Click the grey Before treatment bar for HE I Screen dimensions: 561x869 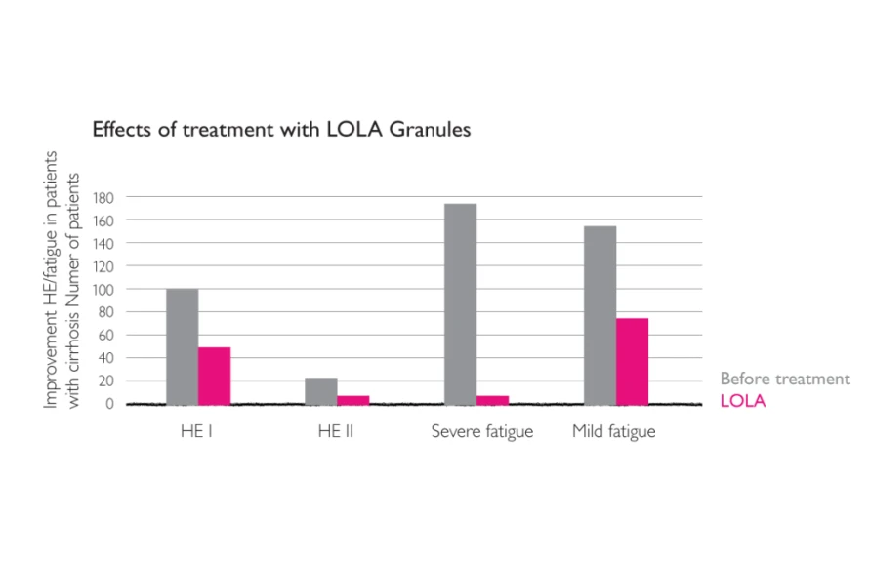point(182,346)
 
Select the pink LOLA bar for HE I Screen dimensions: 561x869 point(214,376)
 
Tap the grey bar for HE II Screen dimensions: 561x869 point(320,390)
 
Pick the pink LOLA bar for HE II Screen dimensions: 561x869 point(352,399)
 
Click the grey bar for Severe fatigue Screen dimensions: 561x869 point(460,303)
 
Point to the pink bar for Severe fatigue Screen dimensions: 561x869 point(492,399)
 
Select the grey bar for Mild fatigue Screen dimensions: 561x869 point(600,315)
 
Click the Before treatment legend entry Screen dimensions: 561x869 point(785,380)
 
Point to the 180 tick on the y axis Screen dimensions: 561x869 point(104,197)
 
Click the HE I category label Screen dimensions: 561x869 point(197,432)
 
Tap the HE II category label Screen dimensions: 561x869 point(336,432)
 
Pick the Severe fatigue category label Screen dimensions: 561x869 point(482,432)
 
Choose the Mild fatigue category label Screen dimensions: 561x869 point(614,432)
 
